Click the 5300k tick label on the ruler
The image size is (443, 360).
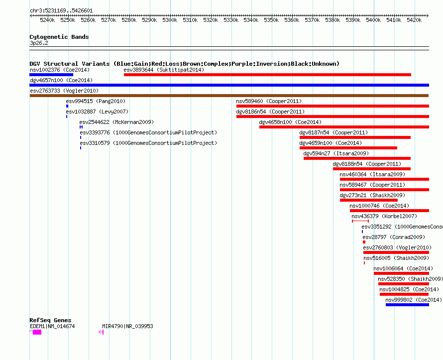point(170,20)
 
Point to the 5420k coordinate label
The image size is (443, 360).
point(414,20)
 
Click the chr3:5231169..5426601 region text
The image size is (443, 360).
point(61,11)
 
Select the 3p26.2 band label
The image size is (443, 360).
point(39,43)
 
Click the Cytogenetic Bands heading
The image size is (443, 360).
point(59,37)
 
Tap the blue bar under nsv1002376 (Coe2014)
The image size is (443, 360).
point(51,75)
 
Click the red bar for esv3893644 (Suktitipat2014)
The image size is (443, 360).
point(267,75)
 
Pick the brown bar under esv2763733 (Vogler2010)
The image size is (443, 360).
point(229,96)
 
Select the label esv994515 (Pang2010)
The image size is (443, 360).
point(96,101)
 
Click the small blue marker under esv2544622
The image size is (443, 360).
point(81,127)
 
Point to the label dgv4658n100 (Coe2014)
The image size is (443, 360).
point(290,122)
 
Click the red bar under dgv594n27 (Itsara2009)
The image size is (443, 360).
point(357,158)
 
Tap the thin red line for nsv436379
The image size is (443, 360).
point(360,221)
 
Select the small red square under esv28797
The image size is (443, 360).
point(364,242)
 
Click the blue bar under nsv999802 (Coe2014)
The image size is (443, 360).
point(407,305)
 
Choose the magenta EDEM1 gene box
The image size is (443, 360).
point(37,332)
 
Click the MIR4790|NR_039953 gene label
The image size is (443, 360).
point(127,326)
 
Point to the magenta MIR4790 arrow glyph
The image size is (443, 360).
point(101,332)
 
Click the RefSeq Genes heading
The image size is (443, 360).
point(50,320)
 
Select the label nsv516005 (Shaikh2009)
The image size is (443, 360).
point(396,258)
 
